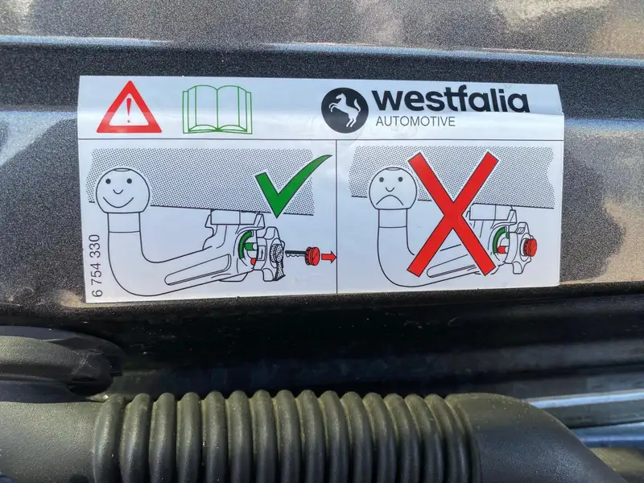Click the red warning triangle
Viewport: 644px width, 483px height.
pyautogui.click(x=129, y=108)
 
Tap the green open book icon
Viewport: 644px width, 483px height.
pyautogui.click(x=217, y=109)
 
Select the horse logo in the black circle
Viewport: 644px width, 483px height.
pyautogui.click(x=345, y=109)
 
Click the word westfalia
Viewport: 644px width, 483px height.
pyautogui.click(x=450, y=99)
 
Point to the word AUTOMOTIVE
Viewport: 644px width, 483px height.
pyautogui.click(x=415, y=122)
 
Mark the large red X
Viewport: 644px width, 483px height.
pyautogui.click(x=453, y=213)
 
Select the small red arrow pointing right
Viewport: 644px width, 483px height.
pyautogui.click(x=328, y=257)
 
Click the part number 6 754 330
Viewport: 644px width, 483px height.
pyautogui.click(x=96, y=266)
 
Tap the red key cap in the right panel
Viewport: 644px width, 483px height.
pyautogui.click(x=530, y=247)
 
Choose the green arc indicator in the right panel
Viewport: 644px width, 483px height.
pyautogui.click(x=497, y=239)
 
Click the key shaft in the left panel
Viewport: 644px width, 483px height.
pyautogui.click(x=295, y=253)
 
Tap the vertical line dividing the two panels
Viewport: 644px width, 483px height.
pyautogui.click(x=336, y=216)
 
